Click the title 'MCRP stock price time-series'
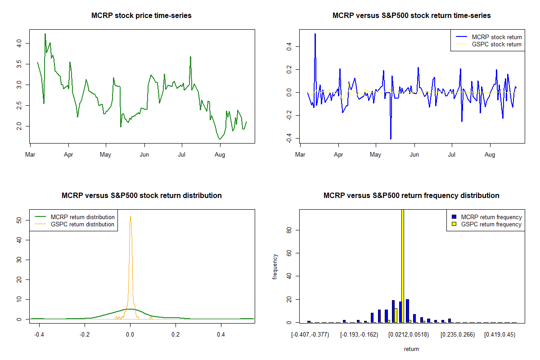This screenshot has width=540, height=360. [x=141, y=15]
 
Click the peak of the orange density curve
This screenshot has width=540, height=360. [x=130, y=217]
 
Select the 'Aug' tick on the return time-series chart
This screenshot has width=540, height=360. [x=490, y=154]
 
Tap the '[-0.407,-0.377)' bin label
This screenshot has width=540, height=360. [x=310, y=334]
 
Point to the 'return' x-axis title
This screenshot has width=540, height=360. [x=411, y=349]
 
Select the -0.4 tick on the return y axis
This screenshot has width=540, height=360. [x=289, y=139]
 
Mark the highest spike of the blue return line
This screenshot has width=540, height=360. [x=315, y=34]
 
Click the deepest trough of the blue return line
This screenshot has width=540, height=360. [x=391, y=139]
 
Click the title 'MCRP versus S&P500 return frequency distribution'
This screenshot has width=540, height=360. [x=411, y=195]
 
